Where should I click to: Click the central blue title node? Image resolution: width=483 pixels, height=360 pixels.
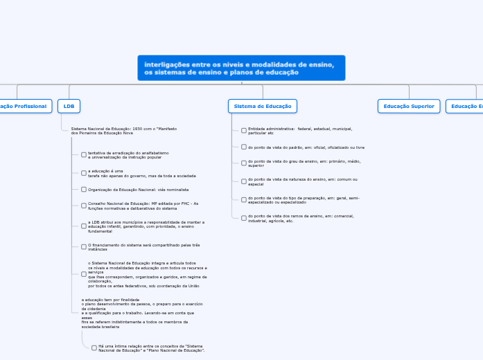pyautogui.click(x=241, y=68)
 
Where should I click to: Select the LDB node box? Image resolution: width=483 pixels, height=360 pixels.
pyautogui.click(x=69, y=106)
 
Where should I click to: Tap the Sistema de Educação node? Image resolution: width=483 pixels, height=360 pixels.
pyautogui.click(x=263, y=106)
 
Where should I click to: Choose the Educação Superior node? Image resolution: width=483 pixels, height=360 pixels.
pyautogui.click(x=409, y=106)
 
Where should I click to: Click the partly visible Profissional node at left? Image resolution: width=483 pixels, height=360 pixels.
pyautogui.click(x=24, y=106)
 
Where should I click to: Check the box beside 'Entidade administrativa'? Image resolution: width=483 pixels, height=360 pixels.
pyautogui.click(x=244, y=130)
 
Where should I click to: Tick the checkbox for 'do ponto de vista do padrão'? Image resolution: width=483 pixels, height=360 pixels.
pyautogui.click(x=244, y=147)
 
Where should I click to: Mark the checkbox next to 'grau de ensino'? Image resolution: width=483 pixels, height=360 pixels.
pyautogui.click(x=244, y=163)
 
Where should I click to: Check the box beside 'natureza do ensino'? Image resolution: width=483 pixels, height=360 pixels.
pyautogui.click(x=244, y=181)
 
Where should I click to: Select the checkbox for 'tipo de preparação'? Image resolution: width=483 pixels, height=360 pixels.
pyautogui.click(x=244, y=200)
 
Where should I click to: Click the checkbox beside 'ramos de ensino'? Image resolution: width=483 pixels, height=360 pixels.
pyautogui.click(x=244, y=218)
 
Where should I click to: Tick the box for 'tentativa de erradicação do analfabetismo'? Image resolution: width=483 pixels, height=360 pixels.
pyautogui.click(x=84, y=154)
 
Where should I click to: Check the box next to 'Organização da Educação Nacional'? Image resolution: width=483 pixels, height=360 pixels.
pyautogui.click(x=84, y=189)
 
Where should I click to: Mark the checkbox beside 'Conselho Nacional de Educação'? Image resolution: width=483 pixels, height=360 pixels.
pyautogui.click(x=84, y=206)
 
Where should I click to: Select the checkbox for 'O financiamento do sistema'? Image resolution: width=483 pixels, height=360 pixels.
pyautogui.click(x=84, y=246)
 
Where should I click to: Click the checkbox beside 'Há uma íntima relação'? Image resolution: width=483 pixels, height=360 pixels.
pyautogui.click(x=94, y=348)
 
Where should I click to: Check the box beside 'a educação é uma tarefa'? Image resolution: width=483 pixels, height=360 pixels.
pyautogui.click(x=84, y=173)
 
